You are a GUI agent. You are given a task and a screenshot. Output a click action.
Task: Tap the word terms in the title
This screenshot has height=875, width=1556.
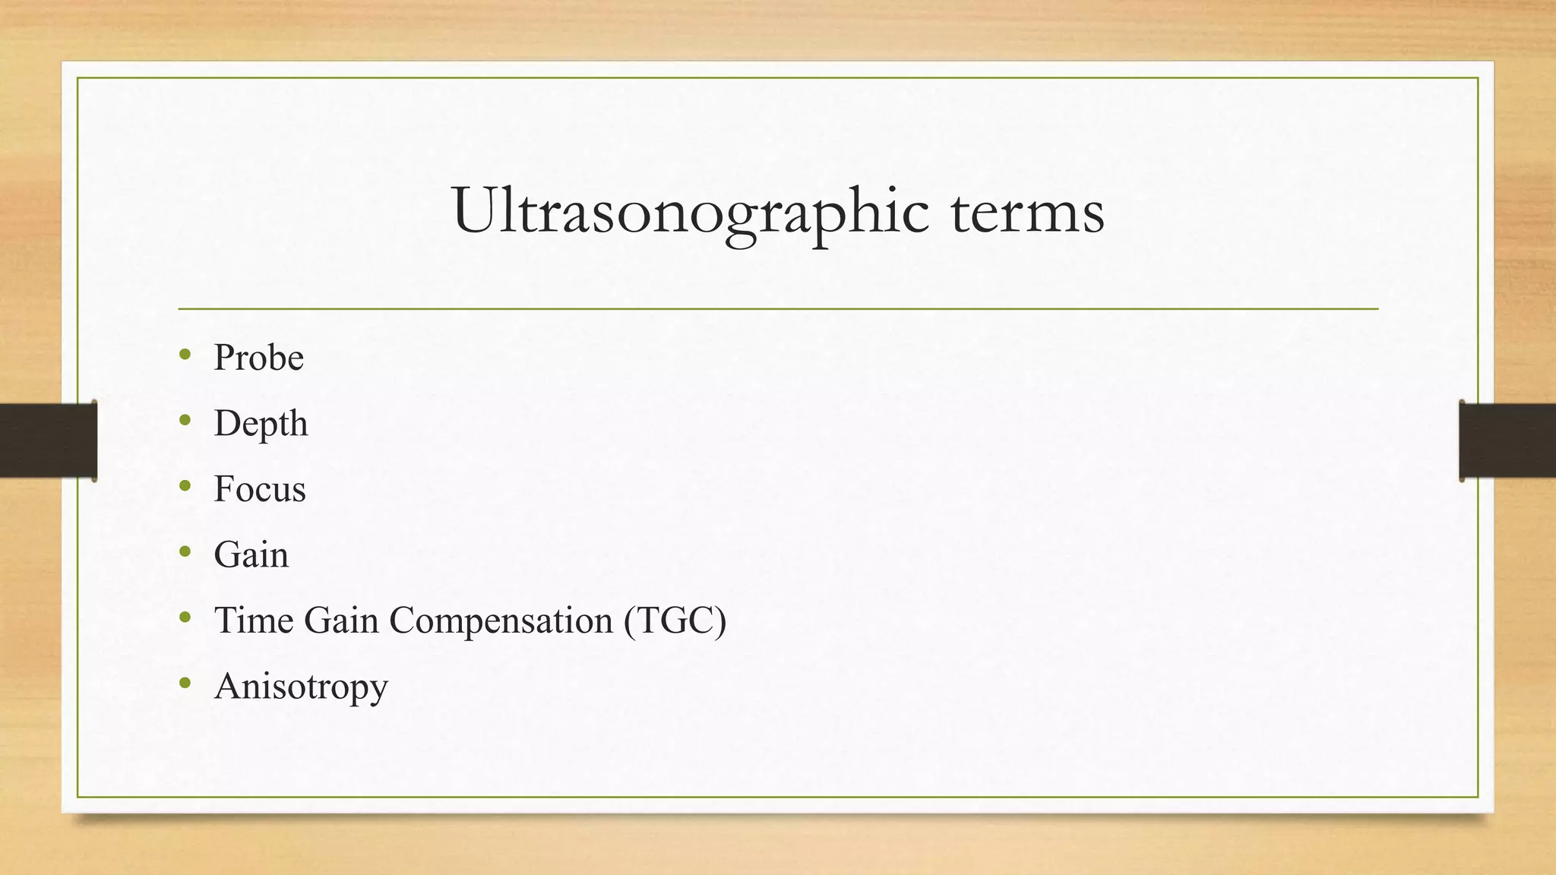[x=1027, y=211]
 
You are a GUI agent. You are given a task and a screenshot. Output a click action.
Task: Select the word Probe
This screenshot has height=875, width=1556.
[x=258, y=357]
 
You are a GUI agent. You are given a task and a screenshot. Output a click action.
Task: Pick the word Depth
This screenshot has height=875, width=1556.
[x=261, y=423]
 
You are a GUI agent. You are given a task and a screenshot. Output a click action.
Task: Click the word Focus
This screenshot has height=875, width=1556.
[x=259, y=488]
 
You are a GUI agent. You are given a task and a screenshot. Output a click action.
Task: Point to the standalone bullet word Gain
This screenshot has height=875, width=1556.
[x=251, y=554]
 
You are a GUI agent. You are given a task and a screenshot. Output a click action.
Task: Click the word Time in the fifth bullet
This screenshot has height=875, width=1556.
[x=254, y=620]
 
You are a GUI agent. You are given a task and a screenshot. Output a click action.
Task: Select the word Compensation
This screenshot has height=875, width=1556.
[x=501, y=621]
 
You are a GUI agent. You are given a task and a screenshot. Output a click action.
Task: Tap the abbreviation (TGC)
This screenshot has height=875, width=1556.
[x=675, y=621]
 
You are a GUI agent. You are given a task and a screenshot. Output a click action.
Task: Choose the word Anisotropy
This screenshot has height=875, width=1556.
[x=301, y=687]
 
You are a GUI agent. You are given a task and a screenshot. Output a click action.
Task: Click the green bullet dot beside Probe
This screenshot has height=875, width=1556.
[x=185, y=354]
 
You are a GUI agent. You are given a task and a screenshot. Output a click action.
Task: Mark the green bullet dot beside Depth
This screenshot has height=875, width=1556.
[x=185, y=420]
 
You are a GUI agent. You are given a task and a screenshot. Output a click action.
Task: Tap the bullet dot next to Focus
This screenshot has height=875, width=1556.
[x=185, y=485]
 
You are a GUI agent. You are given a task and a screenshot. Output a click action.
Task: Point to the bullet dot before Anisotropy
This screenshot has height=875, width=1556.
[x=185, y=683]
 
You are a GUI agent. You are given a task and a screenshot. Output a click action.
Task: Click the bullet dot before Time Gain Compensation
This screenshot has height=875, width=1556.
[x=185, y=617]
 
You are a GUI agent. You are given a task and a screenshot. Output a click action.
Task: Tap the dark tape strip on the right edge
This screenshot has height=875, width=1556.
[x=1507, y=441]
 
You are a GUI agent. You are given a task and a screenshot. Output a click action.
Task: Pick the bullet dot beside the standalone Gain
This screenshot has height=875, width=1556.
[x=185, y=551]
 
